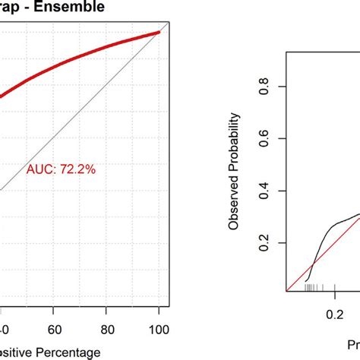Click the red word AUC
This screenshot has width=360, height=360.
(x=40, y=170)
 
